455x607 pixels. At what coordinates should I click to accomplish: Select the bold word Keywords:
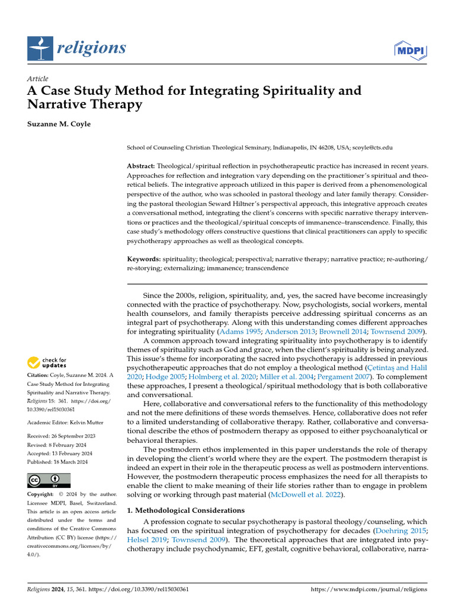point(144,259)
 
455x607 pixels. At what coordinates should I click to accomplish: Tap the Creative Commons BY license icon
point(49,480)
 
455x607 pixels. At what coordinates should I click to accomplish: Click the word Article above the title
point(38,79)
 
